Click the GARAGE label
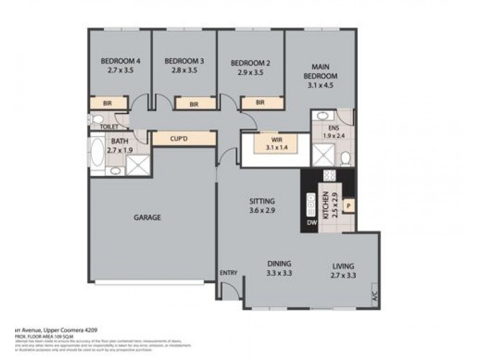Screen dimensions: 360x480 coord(147,218)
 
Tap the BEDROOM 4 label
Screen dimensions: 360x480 coord(120,61)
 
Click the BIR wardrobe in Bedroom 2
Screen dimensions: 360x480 coord(260,103)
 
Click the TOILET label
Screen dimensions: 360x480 coord(109,127)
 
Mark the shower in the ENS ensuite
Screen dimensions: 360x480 coord(322,158)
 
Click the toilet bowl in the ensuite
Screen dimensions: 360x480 coord(346,158)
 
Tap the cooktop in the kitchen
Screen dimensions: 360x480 coord(329,176)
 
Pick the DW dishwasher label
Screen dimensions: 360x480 coord(311,223)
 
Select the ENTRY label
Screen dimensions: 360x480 coord(229,273)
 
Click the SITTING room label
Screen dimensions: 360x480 coord(262,201)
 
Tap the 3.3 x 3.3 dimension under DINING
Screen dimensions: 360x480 coord(280,273)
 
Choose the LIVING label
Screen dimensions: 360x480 coord(343,266)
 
